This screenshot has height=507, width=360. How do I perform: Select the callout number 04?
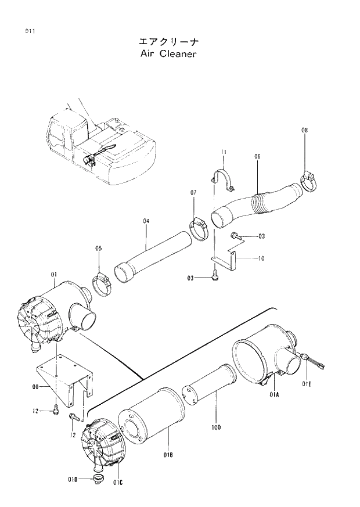(x=146, y=221)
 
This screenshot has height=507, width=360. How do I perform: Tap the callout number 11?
(x=223, y=152)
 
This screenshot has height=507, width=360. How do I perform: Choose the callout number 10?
(x=261, y=258)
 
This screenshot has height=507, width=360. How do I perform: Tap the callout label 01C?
(x=118, y=481)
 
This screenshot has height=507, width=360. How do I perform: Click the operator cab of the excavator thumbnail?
(x=65, y=135)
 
